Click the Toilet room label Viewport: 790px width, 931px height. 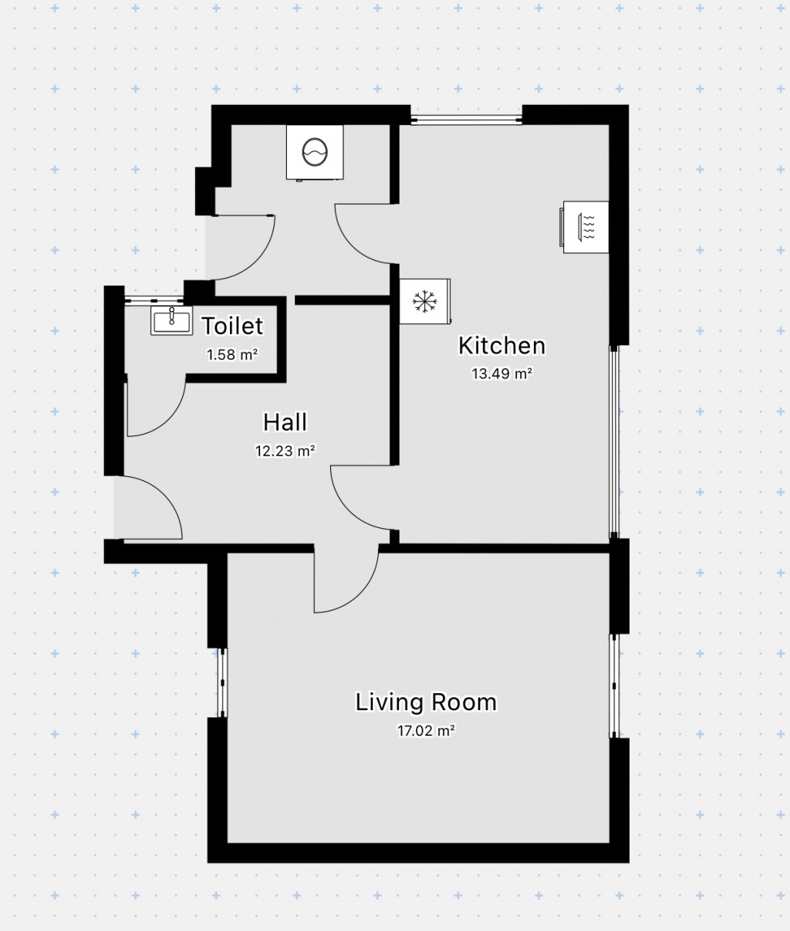point(231,326)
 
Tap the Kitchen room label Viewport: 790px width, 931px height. point(502,346)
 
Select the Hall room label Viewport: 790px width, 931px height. point(285,422)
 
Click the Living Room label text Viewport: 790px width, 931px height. point(426,702)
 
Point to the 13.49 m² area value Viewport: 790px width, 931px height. point(502,374)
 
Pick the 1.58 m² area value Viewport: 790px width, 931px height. point(231,354)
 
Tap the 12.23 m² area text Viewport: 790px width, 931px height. point(285,450)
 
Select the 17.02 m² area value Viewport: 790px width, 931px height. point(426,730)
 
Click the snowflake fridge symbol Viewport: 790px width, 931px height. point(424,301)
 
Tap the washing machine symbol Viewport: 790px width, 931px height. point(315,152)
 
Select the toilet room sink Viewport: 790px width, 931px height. point(171,320)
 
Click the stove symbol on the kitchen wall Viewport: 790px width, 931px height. point(585,227)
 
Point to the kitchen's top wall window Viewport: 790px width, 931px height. point(466,120)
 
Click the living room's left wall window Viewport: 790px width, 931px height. point(222,683)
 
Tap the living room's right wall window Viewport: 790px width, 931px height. point(614,686)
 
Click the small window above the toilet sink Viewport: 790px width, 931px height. point(154,300)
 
